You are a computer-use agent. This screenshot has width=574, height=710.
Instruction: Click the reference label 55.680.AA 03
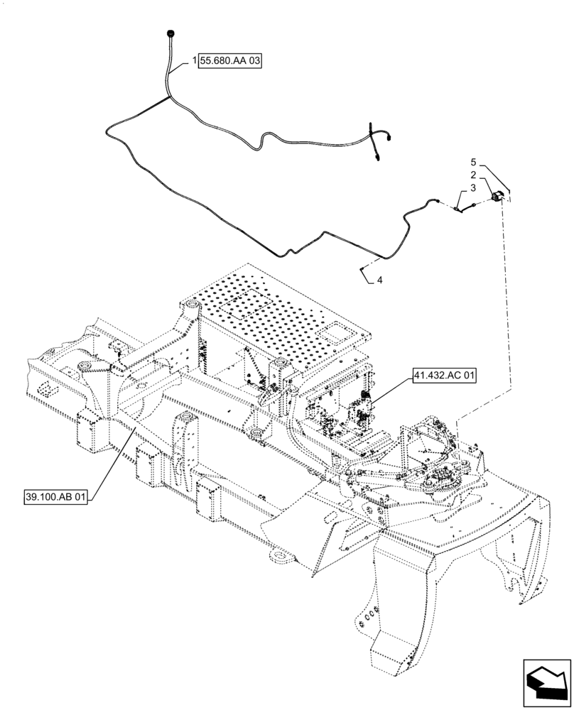[231, 62]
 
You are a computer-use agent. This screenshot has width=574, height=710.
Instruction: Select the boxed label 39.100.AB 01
[54, 498]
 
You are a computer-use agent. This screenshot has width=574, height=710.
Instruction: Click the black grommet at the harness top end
[170, 33]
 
